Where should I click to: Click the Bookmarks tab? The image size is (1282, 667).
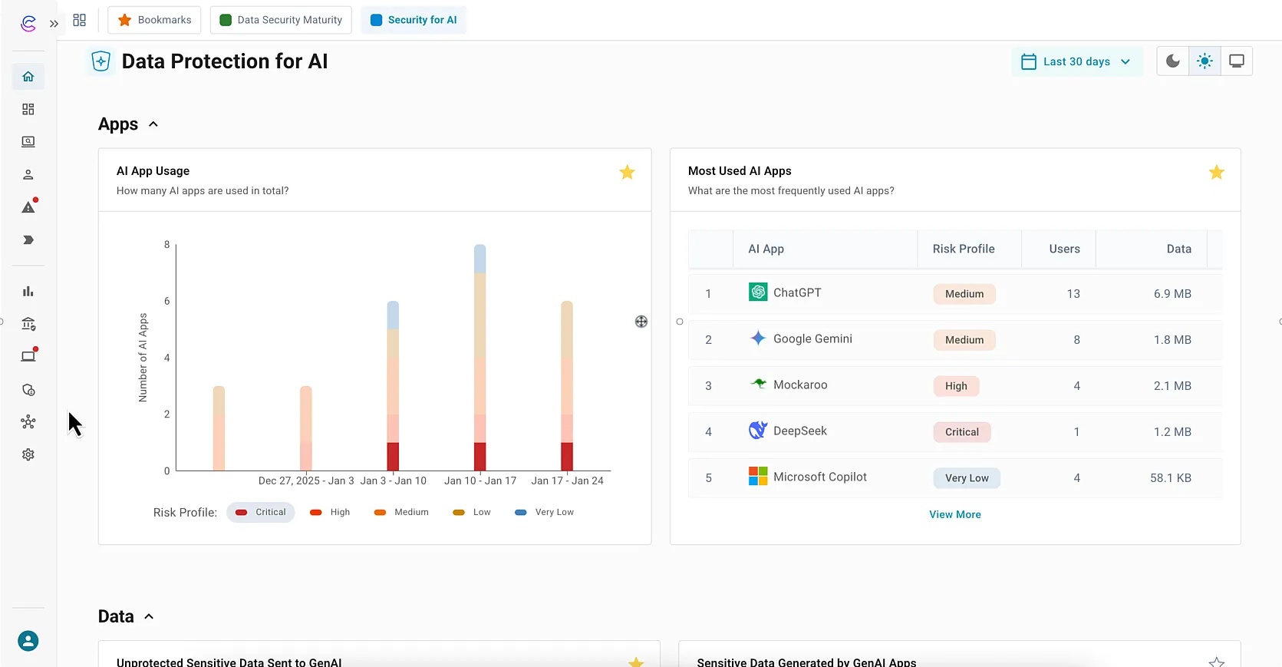(154, 20)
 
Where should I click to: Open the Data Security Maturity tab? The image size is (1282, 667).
(281, 20)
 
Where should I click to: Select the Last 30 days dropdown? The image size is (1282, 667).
(1076, 61)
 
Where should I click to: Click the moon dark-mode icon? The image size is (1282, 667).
(1172, 61)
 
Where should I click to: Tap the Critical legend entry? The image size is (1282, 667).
(261, 512)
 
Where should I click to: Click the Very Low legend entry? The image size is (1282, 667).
(545, 512)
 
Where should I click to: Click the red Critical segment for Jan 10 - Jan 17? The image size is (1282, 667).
(480, 456)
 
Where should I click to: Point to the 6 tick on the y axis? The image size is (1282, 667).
(166, 301)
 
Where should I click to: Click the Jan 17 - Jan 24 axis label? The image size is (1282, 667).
(567, 480)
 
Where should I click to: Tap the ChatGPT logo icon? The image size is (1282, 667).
(758, 292)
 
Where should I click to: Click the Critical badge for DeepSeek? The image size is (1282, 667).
(961, 432)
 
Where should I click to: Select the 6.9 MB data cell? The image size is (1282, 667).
(1172, 294)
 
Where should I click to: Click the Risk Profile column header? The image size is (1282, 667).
(963, 249)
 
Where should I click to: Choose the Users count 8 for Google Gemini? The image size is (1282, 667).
(1076, 340)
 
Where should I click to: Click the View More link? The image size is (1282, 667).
(954, 514)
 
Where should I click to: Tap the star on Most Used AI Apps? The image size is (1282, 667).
(1216, 172)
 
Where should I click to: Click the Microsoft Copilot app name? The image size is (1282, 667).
(819, 477)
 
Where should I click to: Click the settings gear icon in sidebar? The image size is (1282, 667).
(28, 454)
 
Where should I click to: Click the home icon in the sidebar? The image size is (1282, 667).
(28, 77)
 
